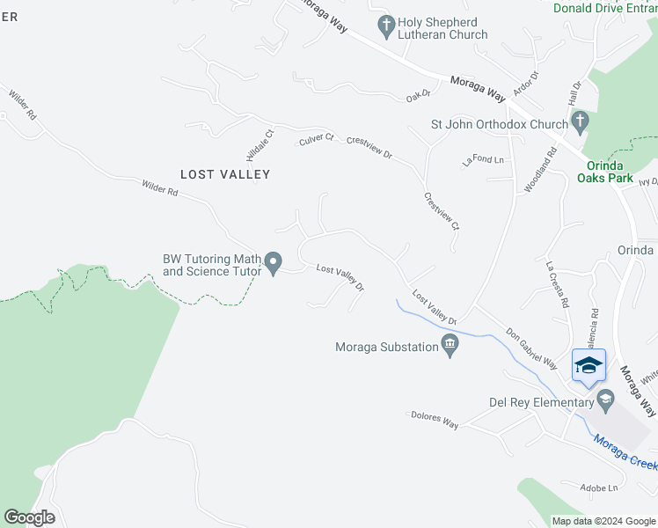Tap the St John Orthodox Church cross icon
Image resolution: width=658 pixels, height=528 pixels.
pyautogui.click(x=579, y=120)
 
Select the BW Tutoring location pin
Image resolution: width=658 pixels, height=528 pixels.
pyautogui.click(x=274, y=261)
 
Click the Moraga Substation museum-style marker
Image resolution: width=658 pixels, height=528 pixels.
pyautogui.click(x=450, y=346)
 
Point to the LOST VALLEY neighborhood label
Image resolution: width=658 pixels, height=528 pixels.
pyautogui.click(x=225, y=174)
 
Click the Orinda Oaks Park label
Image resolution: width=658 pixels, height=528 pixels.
pyautogui.click(x=604, y=172)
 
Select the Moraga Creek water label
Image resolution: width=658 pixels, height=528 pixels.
pyautogui.click(x=625, y=449)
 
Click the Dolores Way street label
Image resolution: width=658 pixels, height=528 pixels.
pyautogui.click(x=433, y=419)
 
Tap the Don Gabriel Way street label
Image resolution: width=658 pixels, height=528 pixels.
pyautogui.click(x=531, y=348)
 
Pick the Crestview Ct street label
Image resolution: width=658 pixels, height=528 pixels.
pyautogui.click(x=442, y=211)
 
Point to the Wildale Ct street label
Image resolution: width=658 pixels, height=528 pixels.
pyautogui.click(x=260, y=143)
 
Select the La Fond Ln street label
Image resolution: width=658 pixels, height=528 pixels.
pyautogui.click(x=483, y=160)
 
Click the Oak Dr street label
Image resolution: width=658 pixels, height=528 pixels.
pyautogui.click(x=418, y=94)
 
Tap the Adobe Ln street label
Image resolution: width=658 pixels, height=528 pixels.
pyautogui.click(x=600, y=488)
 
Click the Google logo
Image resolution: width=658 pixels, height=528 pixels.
pyautogui.click(x=29, y=517)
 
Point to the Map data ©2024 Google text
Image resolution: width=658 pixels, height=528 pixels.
pyautogui.click(x=603, y=521)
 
